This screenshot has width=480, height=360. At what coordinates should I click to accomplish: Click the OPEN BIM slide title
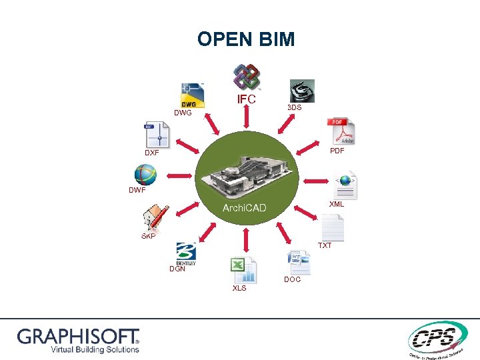point(245,39)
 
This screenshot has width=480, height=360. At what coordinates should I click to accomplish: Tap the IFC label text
point(247,99)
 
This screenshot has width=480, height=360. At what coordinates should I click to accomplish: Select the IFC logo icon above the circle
point(246,77)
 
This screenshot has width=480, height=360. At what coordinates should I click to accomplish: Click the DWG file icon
point(193,95)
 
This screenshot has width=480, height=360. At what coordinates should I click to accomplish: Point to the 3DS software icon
point(301,91)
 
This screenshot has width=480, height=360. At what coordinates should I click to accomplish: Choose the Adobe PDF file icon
point(341,131)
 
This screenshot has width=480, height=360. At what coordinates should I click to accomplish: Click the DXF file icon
point(155,135)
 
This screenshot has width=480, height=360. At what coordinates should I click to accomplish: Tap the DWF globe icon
point(145,175)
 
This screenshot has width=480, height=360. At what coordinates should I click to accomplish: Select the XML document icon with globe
point(345,185)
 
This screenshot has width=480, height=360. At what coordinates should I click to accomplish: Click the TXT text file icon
point(331,228)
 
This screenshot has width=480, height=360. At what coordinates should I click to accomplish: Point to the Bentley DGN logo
point(185,254)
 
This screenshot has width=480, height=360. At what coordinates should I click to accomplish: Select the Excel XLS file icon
point(243,270)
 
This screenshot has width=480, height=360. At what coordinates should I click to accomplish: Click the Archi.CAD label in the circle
point(244,208)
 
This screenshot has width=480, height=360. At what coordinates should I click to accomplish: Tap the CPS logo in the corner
point(435,339)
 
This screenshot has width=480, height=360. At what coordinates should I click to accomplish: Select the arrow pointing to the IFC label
point(247,117)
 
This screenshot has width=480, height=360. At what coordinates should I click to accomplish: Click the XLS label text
point(239,288)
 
